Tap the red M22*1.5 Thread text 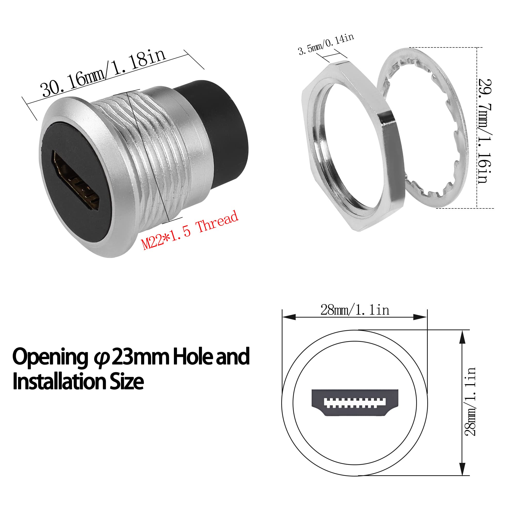coord(190,230)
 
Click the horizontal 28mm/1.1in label coord(355,310)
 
